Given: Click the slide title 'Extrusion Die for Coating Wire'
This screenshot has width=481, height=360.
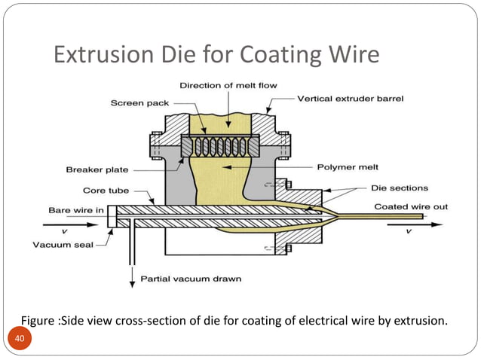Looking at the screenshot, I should pyautogui.click(x=216, y=55).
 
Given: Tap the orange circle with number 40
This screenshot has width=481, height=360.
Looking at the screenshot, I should pyautogui.click(x=21, y=341).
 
